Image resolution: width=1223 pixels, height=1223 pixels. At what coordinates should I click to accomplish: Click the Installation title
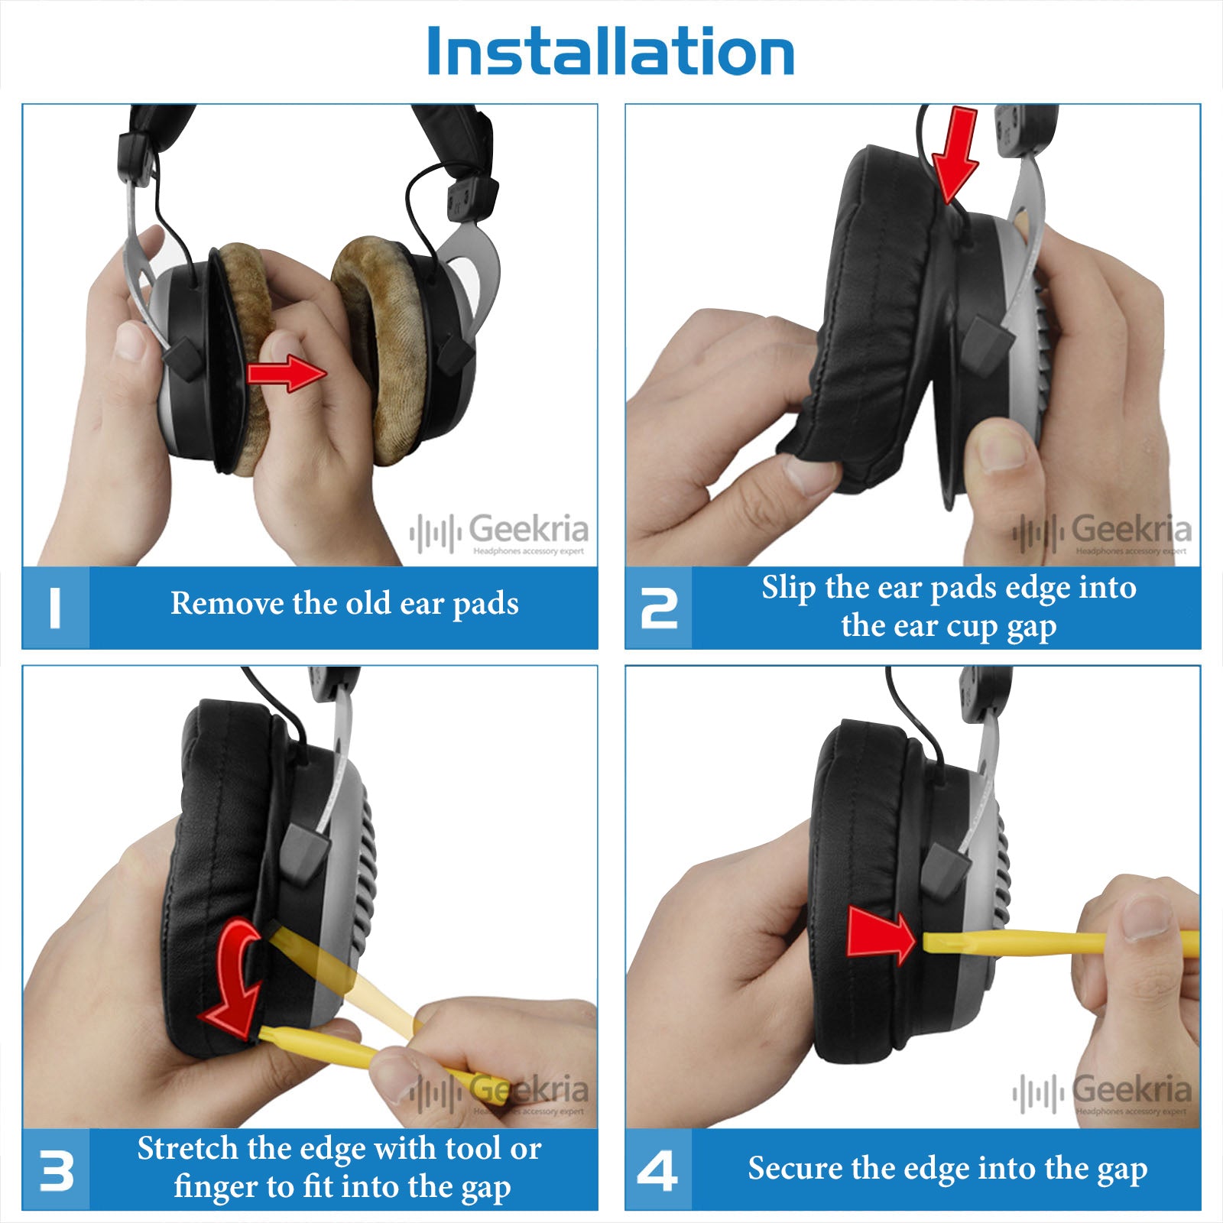tap(611, 51)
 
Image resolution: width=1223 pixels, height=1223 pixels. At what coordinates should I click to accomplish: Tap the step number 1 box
tap(56, 608)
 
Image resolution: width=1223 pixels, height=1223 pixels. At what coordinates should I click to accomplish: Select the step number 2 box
tap(659, 608)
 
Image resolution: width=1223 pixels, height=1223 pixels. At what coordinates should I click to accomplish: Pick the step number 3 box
tap(56, 1169)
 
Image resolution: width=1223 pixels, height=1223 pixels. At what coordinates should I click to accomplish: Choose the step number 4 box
tap(659, 1169)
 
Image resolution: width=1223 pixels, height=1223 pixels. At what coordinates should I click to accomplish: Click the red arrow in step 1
tap(287, 372)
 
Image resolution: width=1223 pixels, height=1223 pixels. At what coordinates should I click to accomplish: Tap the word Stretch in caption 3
tap(188, 1149)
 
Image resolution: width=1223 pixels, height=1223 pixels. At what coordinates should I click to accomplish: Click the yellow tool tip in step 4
tap(929, 942)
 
